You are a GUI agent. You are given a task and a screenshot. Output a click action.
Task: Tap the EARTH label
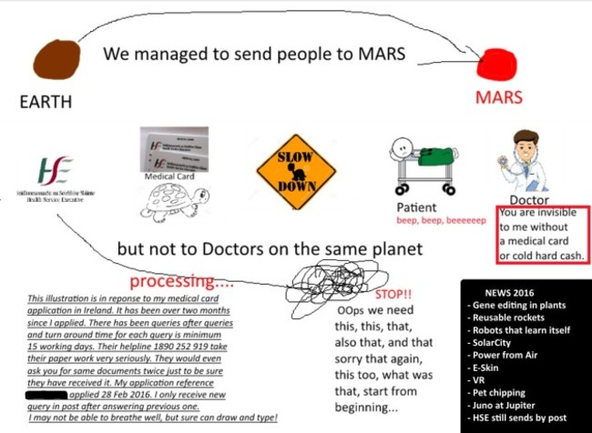pos(46,103)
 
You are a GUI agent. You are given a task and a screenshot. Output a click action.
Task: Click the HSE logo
pos(55,172)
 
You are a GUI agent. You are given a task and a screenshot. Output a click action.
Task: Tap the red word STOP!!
pos(393,296)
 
